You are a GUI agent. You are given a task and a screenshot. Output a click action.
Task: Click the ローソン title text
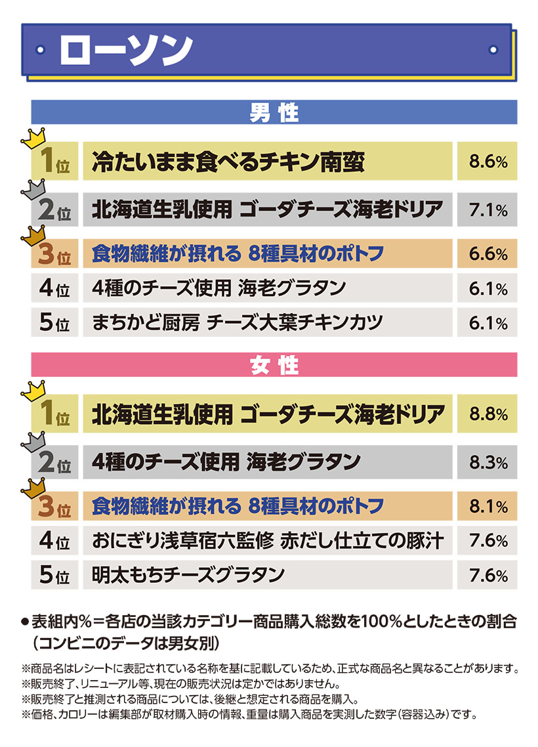pos(125,49)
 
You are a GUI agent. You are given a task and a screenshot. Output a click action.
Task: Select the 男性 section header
pos(274,112)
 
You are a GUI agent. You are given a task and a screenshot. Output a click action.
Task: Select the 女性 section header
pos(274,365)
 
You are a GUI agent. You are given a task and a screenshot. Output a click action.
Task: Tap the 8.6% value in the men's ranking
pos(488,161)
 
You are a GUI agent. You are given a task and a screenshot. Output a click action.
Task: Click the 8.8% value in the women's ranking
pos(488,414)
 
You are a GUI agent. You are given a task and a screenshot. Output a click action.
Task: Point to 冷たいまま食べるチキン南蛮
pos(228,161)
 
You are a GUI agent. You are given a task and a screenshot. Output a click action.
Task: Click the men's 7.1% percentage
pos(488,210)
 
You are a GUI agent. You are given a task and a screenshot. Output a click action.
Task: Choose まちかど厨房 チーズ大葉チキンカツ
pos(245,323)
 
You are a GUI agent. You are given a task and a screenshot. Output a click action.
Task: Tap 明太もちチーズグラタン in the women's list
pos(188,576)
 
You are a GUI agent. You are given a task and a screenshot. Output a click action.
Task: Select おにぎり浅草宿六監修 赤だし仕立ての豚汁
pos(268,541)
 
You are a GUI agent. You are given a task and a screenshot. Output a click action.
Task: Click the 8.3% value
pos(488,462)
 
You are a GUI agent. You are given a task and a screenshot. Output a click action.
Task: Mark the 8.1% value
pos(488,507)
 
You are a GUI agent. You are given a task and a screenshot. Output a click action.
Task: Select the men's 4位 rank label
pos(54,289)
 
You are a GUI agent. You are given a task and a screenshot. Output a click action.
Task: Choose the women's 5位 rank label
pos(54,576)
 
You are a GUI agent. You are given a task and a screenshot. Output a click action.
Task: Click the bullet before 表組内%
pos(26,620)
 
